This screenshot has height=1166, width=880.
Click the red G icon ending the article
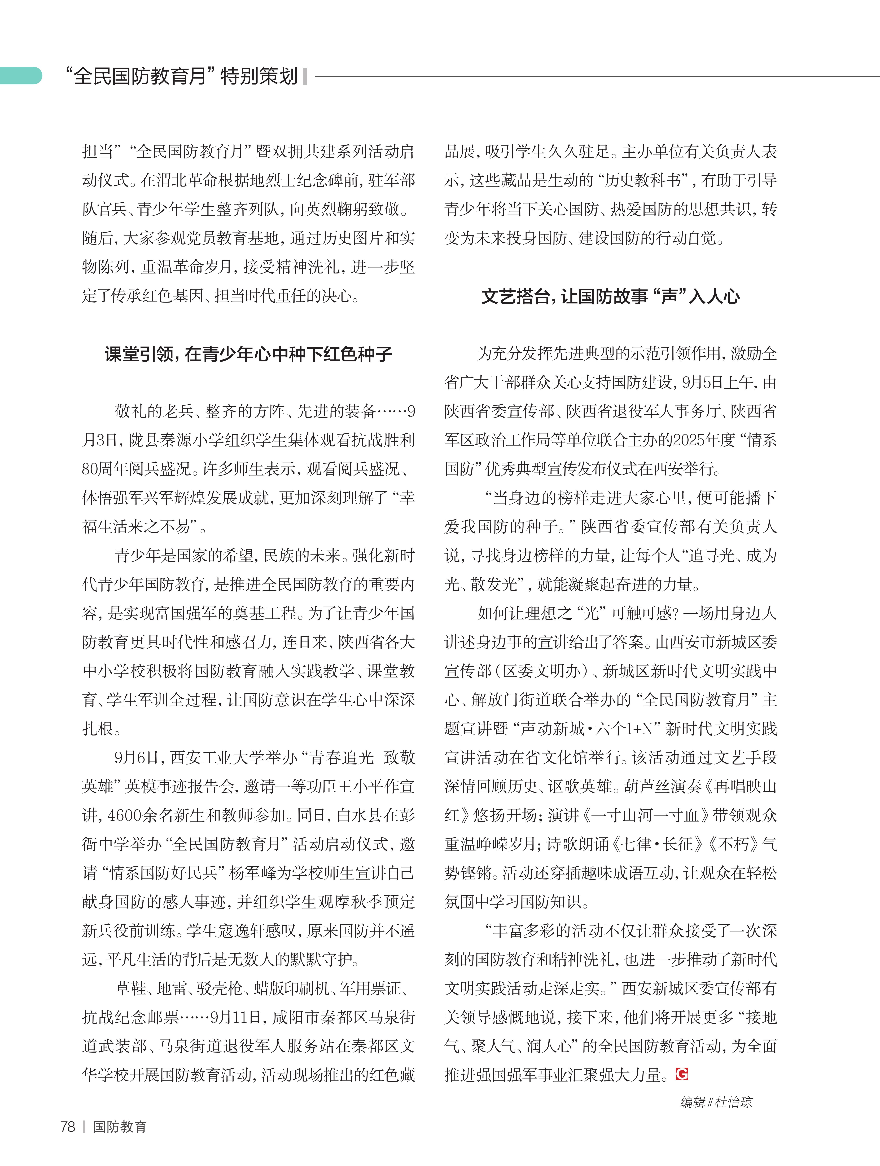tap(682, 1073)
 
